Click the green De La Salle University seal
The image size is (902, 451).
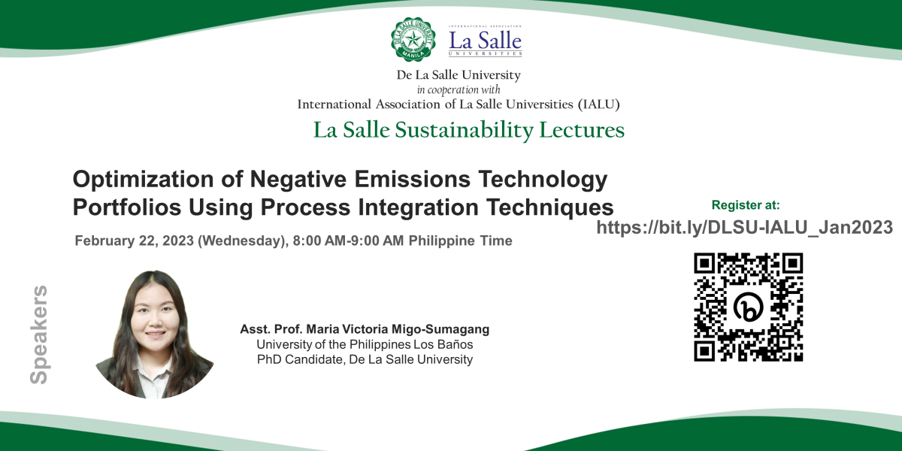click(413, 39)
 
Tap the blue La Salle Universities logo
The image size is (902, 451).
click(486, 41)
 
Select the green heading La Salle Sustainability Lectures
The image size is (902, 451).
click(469, 130)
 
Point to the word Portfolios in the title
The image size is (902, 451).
click(127, 207)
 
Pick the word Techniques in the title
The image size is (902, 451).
click(549, 207)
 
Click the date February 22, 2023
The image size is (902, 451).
click(135, 241)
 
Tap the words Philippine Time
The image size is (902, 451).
click(460, 241)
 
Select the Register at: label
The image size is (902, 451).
click(746, 205)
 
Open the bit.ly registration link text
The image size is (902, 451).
click(745, 228)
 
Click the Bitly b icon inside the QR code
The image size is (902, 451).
click(748, 307)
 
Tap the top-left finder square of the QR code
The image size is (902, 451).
click(704, 263)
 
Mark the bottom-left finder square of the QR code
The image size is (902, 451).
click(704, 351)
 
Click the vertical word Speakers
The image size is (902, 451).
click(39, 334)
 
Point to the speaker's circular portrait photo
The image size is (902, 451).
click(155, 334)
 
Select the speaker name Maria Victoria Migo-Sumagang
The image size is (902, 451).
click(398, 329)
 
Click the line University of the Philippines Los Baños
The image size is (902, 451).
click(365, 345)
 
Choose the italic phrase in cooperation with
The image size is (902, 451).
click(459, 89)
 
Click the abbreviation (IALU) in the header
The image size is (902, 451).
click(599, 104)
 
